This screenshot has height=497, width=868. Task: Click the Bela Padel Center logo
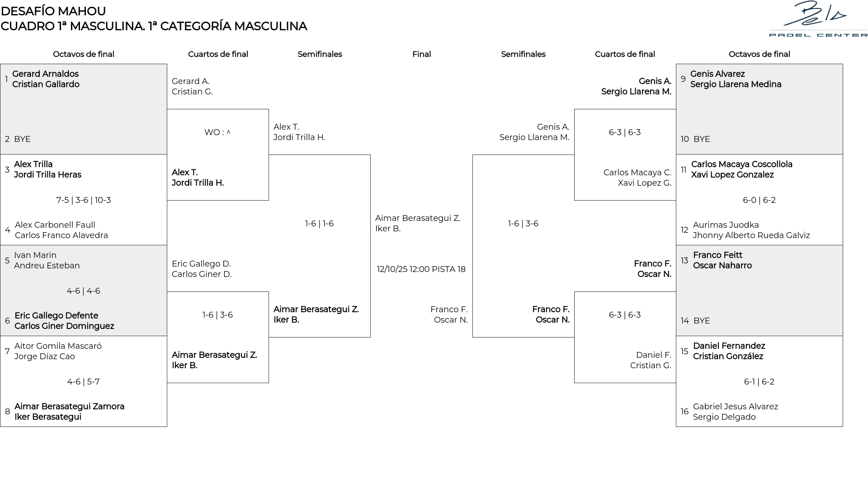click(x=818, y=19)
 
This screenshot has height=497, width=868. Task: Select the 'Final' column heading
click(x=421, y=54)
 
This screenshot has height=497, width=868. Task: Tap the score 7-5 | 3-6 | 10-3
click(x=84, y=200)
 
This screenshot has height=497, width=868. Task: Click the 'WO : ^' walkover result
click(x=217, y=132)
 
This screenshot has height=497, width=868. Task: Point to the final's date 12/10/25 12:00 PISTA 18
click(x=421, y=269)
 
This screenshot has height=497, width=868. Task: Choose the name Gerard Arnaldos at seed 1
click(x=45, y=74)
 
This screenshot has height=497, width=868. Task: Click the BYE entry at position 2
click(x=22, y=139)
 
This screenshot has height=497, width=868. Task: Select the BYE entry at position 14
click(x=702, y=321)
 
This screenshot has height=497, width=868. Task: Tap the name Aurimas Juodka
click(x=726, y=225)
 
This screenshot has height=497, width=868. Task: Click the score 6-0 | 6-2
click(x=759, y=200)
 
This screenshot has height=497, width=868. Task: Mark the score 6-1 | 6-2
click(x=759, y=382)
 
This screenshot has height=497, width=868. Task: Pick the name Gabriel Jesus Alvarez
click(x=736, y=407)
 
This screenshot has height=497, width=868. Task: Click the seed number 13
click(x=684, y=261)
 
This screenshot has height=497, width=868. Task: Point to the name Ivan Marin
click(x=35, y=255)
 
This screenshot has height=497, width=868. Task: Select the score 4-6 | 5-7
click(x=83, y=382)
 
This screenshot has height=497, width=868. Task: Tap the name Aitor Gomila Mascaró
click(x=58, y=346)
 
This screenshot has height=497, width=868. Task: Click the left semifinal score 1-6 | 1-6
click(x=319, y=224)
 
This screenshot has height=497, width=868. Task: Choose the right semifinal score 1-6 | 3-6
click(x=523, y=224)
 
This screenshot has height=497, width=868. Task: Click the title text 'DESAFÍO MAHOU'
click(x=53, y=11)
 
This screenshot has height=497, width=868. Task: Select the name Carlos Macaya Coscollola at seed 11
click(x=741, y=164)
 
